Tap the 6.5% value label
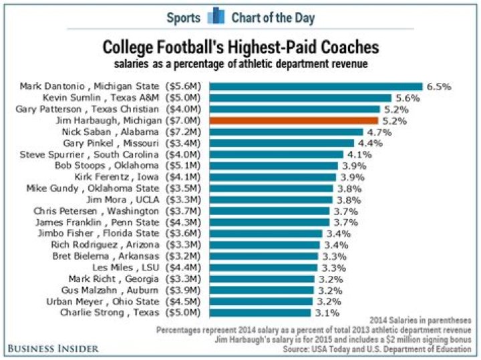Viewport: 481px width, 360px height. (440, 86)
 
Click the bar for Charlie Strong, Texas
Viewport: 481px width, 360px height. (261, 313)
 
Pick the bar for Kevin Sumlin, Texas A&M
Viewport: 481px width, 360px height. (301, 98)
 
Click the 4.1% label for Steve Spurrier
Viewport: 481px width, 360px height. (360, 155)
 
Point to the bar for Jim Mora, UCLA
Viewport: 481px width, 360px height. (271, 199)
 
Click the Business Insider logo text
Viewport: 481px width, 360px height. (53, 348)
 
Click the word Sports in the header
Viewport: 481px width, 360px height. (183, 17)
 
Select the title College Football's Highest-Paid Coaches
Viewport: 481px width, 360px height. (240, 48)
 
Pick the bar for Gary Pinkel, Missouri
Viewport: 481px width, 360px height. (281, 144)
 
